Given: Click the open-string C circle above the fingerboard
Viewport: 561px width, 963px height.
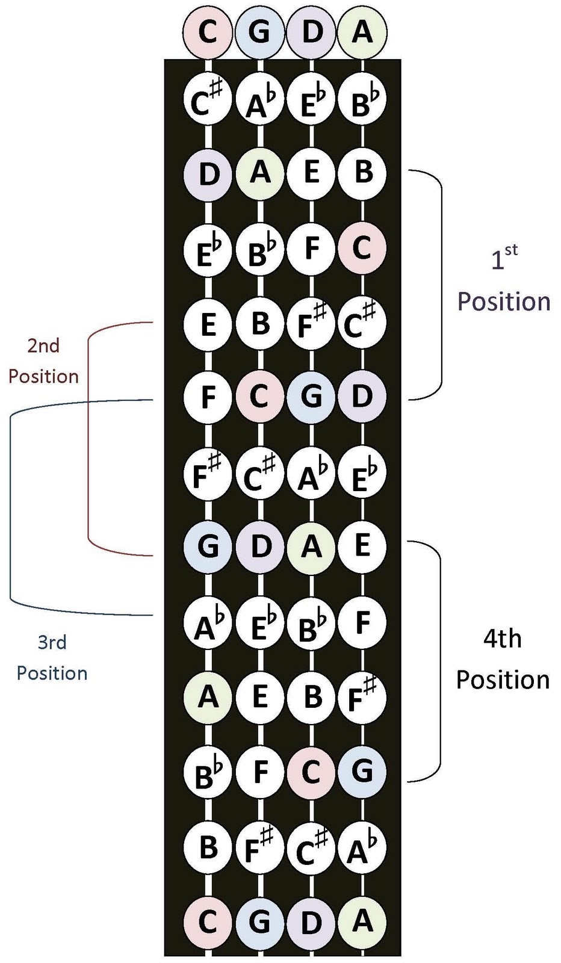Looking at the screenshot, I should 208,31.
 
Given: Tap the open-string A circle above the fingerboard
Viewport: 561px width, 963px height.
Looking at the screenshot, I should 362,31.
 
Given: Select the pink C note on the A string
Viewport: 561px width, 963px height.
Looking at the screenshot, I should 362,247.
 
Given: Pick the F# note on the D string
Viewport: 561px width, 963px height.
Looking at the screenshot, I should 311,323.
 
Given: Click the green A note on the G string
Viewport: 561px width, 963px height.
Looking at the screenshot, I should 259,173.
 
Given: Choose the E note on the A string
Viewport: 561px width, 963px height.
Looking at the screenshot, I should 362,546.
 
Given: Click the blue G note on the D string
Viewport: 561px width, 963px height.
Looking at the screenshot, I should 311,397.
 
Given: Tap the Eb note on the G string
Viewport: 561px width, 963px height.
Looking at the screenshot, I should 259,623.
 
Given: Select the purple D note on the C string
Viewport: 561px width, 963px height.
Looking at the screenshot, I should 208,174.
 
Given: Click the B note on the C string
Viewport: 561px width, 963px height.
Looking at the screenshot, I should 208,847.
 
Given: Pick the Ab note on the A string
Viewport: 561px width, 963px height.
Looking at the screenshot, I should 362,847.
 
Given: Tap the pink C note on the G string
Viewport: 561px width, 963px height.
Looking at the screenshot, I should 259,397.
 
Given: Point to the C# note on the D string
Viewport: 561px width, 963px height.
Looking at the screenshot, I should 311,847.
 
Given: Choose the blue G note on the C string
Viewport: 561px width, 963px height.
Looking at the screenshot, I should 208,547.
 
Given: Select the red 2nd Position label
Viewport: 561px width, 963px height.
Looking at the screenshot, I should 43,361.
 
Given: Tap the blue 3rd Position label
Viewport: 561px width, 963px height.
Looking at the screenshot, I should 52,657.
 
